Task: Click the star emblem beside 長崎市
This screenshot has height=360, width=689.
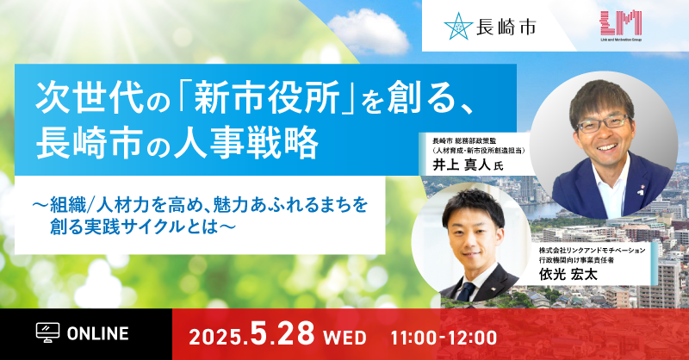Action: click(x=458, y=26)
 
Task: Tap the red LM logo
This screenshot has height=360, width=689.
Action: click(x=621, y=23)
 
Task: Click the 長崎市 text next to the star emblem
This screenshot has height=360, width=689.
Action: click(x=506, y=28)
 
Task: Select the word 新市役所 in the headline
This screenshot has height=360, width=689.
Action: click(x=267, y=96)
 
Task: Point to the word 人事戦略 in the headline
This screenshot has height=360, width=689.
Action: click(x=245, y=143)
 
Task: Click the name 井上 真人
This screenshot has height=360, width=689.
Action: click(x=461, y=164)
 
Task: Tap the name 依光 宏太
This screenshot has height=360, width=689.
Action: click(x=568, y=274)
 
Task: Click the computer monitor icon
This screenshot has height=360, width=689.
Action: click(x=47, y=332)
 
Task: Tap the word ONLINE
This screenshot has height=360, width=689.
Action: click(x=97, y=333)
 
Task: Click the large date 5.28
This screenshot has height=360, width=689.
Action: click(x=282, y=333)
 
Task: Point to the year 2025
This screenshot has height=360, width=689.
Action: click(x=217, y=337)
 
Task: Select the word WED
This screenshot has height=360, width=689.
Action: click(x=344, y=338)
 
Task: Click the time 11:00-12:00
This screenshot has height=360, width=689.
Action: click(x=444, y=338)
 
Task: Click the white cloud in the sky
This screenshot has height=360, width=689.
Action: click(x=369, y=31)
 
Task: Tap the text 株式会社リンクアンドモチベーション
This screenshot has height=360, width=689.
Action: click(x=592, y=250)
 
